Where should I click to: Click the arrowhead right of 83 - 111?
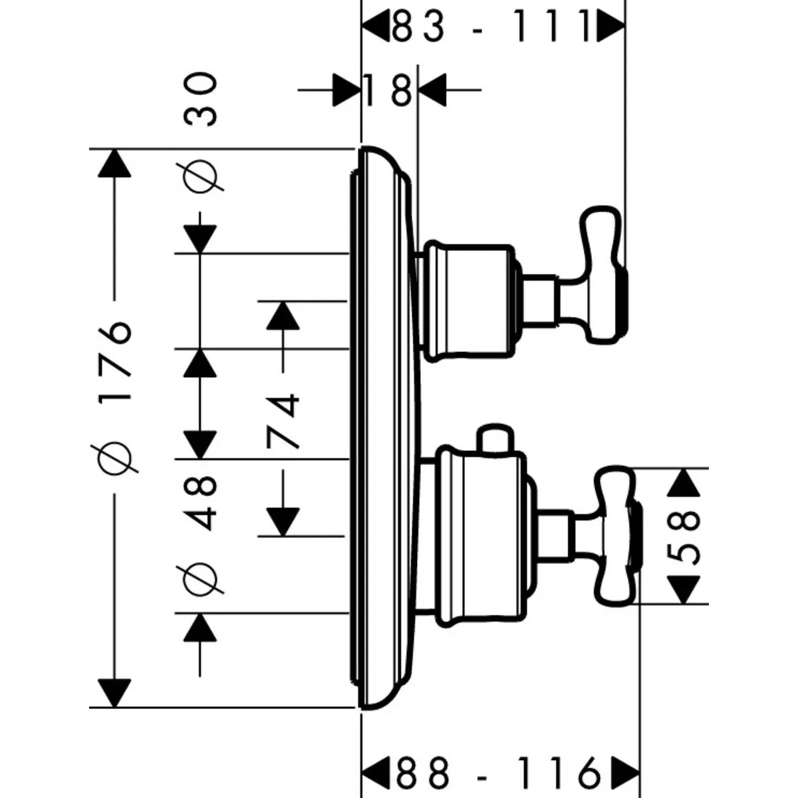click(x=610, y=27)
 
